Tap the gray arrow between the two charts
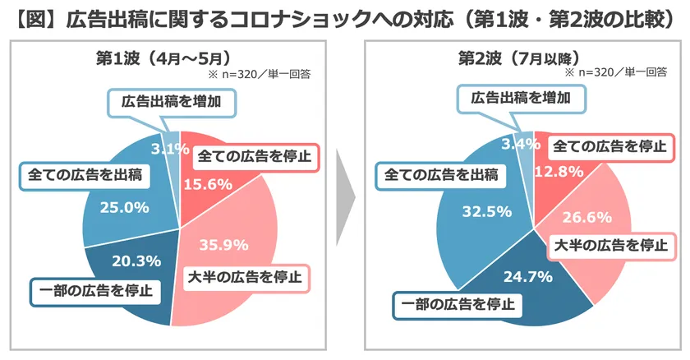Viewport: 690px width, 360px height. (x=343, y=198)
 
